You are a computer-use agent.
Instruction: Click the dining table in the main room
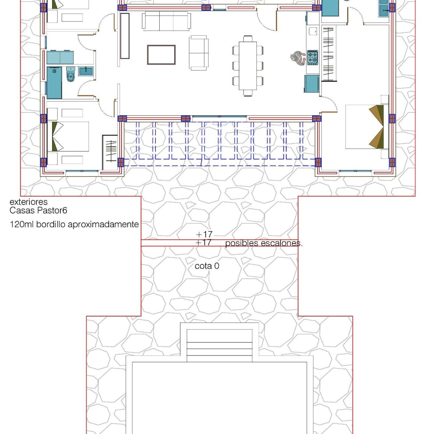click(x=248, y=66)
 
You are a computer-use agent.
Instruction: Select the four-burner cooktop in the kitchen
click(x=312, y=58)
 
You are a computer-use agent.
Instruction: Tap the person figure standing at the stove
click(x=298, y=58)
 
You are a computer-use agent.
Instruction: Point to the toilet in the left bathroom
click(x=71, y=74)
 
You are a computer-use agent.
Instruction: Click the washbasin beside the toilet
click(x=86, y=71)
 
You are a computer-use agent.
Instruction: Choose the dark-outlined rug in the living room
click(x=161, y=55)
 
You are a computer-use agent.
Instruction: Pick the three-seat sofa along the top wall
click(x=166, y=21)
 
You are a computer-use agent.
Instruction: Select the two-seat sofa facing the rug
click(x=199, y=53)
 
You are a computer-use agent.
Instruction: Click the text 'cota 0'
click(x=207, y=266)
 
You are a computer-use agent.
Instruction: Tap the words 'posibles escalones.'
click(x=264, y=243)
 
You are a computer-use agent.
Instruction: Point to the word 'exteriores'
click(x=28, y=202)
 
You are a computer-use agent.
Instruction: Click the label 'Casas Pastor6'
click(x=38, y=210)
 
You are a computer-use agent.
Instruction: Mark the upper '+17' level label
click(x=204, y=234)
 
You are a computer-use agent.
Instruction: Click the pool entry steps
click(x=219, y=345)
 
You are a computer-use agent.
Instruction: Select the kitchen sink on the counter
click(x=313, y=31)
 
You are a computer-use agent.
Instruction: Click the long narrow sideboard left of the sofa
click(x=125, y=36)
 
